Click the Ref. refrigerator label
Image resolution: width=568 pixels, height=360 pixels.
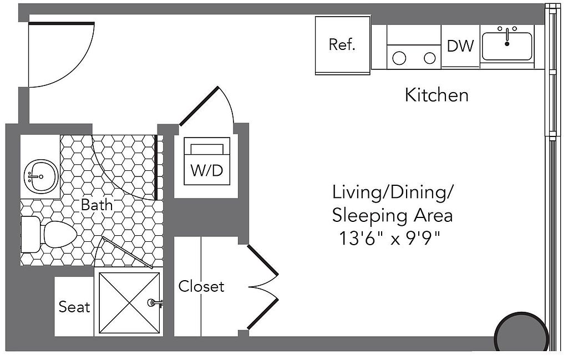[342, 45]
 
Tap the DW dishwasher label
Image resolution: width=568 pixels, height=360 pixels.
[460, 47]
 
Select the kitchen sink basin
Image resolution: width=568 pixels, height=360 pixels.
[506, 47]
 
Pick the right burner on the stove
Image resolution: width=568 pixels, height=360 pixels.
[429, 57]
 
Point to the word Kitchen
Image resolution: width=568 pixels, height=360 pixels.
[437, 95]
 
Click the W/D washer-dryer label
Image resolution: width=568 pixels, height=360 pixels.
[207, 170]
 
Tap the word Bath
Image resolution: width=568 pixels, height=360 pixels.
[97, 204]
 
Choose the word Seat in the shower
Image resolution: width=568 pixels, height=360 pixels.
[74, 306]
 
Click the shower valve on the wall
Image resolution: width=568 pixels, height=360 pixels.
[153, 303]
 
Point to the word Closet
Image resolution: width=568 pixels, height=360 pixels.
[201, 286]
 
